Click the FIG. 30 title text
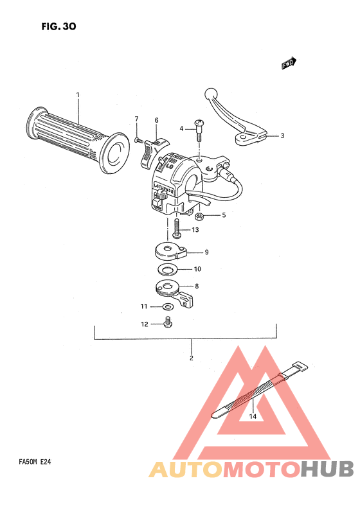(x=59, y=26)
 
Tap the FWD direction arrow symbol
(x=289, y=63)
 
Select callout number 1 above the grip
(x=78, y=95)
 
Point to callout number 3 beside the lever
(x=282, y=136)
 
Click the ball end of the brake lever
(x=210, y=93)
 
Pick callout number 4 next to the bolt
(x=182, y=129)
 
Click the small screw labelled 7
(x=138, y=138)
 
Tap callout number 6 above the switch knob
(x=156, y=120)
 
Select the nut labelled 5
(x=200, y=215)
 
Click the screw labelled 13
(x=176, y=228)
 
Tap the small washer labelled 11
(x=166, y=306)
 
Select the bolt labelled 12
(x=169, y=322)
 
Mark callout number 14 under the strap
(x=253, y=416)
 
